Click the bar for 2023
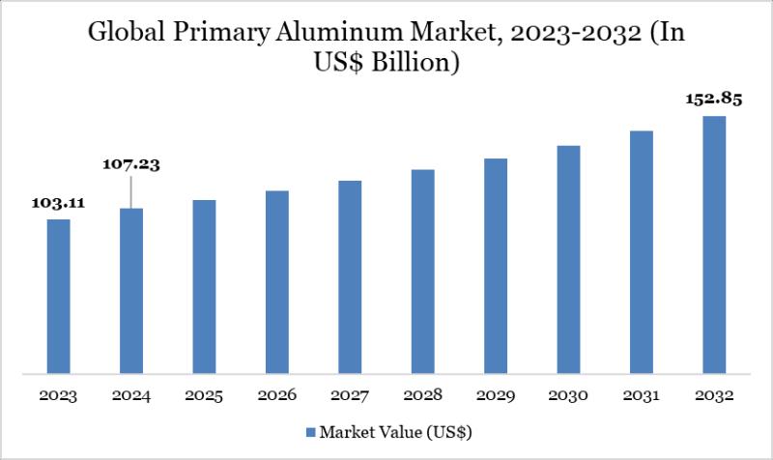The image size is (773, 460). [x=59, y=295]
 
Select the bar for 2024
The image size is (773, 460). [x=131, y=290]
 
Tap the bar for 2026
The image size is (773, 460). [x=277, y=281]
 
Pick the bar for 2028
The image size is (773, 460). [x=422, y=271]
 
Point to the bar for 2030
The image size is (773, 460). [x=568, y=259]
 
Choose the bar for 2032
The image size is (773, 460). [x=714, y=244]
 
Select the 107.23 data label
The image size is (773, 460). [x=131, y=164]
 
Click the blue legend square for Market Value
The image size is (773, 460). [x=310, y=430]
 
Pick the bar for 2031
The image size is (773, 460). [x=641, y=251]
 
